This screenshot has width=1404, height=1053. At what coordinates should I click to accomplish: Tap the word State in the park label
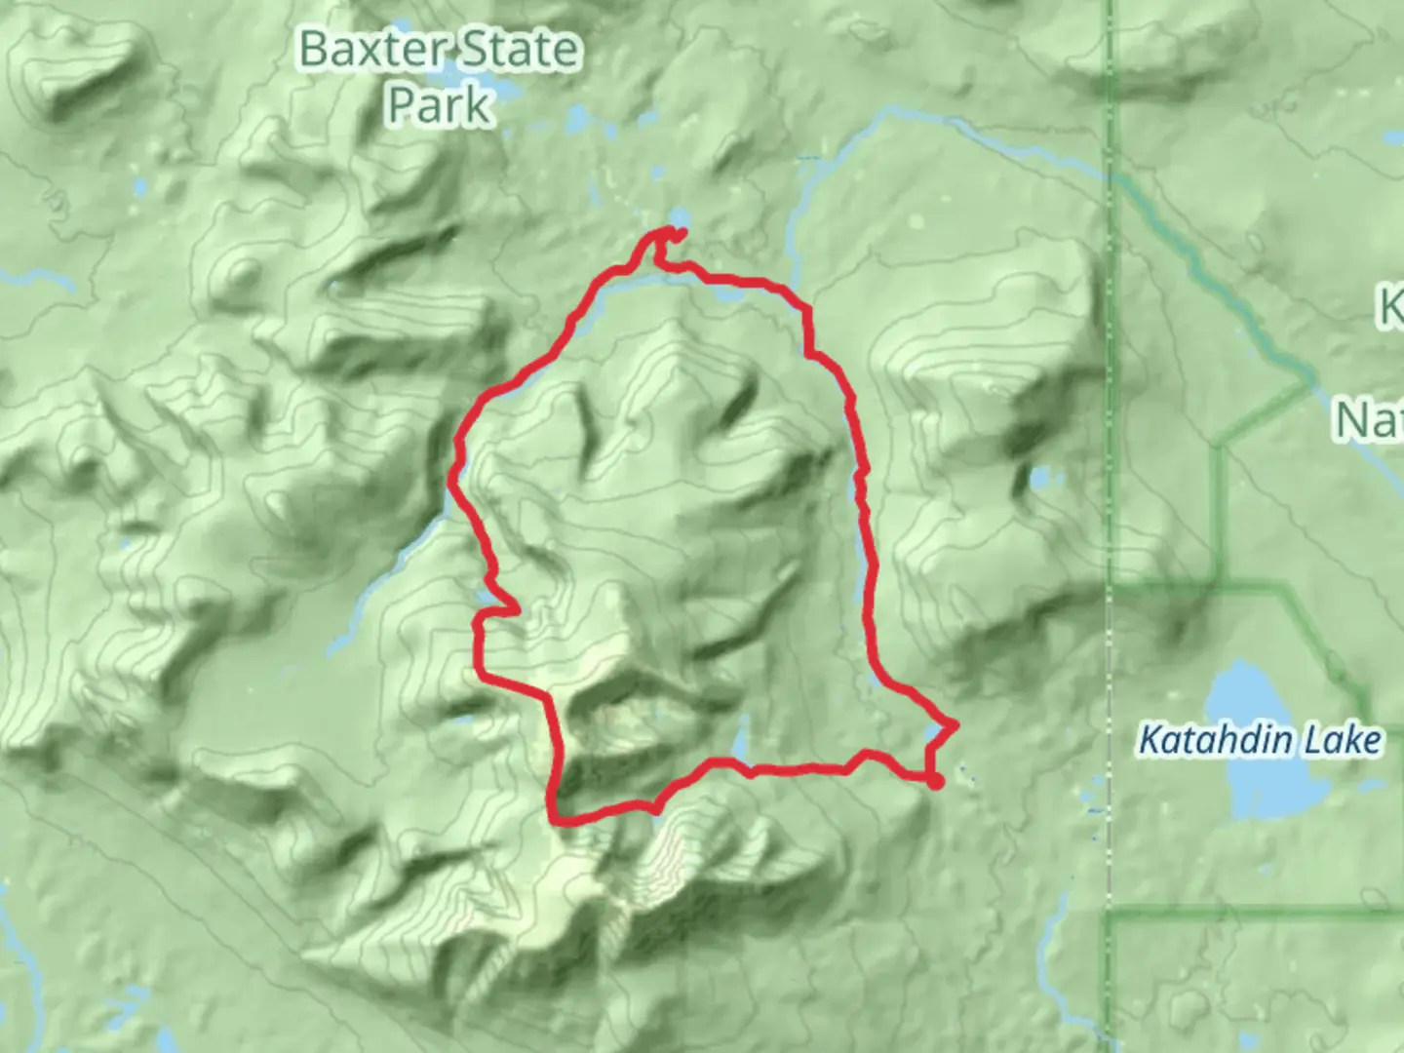522,50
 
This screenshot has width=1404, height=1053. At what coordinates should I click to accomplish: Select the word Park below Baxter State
439,104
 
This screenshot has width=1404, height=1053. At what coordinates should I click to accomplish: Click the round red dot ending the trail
936,782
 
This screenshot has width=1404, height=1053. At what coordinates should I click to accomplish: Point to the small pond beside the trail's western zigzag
486,597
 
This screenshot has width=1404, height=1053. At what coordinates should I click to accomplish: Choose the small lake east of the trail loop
1041,478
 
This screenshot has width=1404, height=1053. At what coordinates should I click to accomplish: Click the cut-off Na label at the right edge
1370,420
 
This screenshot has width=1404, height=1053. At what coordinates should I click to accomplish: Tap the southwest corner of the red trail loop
558,819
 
